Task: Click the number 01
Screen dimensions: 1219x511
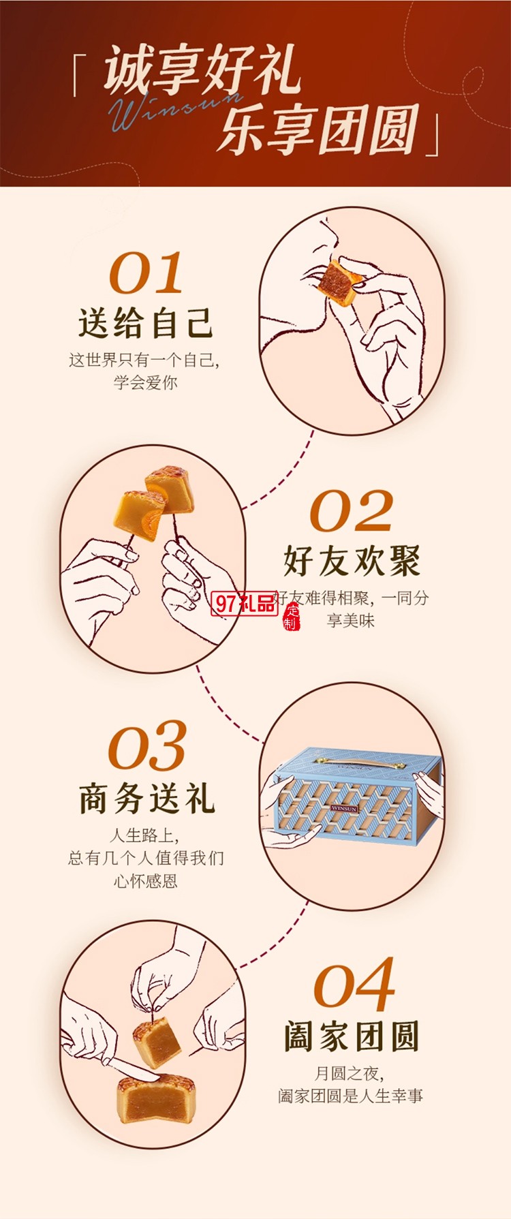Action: point(146,273)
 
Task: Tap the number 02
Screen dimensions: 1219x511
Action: point(352,511)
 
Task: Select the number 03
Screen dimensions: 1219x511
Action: point(147,747)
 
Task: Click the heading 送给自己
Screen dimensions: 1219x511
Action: point(146,322)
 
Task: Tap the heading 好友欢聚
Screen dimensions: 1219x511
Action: point(352,560)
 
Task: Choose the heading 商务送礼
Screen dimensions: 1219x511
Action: point(147,798)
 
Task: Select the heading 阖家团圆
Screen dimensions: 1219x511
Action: point(352,1036)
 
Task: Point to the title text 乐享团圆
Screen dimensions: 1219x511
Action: point(318,129)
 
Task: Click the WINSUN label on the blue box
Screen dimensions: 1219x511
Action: point(344,808)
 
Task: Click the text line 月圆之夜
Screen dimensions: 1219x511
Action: point(349,1073)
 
